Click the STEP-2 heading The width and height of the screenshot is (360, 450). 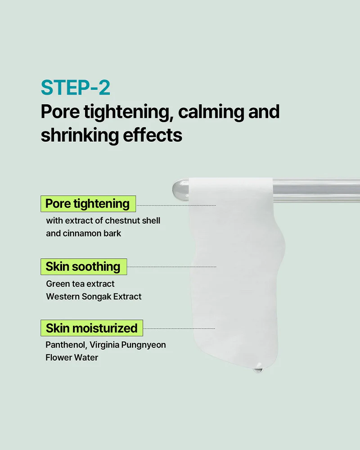(76, 88)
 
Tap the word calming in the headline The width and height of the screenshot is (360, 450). (211, 112)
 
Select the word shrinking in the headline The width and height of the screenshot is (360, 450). (80, 135)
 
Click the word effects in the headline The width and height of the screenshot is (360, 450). (153, 135)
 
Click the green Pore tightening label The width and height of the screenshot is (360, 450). (88, 204)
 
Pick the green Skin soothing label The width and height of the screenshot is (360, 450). (84, 267)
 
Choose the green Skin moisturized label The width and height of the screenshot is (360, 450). (92, 328)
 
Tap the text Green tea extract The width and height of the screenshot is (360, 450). (80, 284)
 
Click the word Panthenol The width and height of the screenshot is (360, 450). (66, 345)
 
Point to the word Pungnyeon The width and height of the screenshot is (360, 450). (144, 345)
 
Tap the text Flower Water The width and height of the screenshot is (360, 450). (72, 358)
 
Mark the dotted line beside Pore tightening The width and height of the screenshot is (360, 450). (176, 206)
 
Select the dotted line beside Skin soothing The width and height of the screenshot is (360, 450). (171, 267)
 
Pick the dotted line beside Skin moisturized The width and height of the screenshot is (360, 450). (179, 328)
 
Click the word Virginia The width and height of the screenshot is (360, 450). (104, 345)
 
